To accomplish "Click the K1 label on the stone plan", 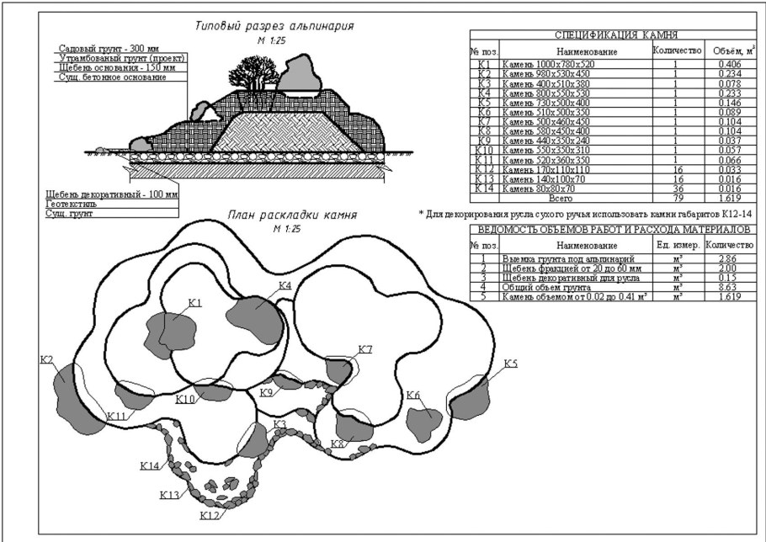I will click(195, 302).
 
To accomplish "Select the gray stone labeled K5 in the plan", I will click(471, 398).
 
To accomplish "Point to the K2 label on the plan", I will click(46, 360).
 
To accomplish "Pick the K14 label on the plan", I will click(149, 465).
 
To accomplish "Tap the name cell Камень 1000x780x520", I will click(548, 64).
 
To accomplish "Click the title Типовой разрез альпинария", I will click(274, 27).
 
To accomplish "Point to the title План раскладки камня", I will click(292, 215).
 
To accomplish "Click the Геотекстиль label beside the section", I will click(71, 204).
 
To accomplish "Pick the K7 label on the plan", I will click(365, 349).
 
